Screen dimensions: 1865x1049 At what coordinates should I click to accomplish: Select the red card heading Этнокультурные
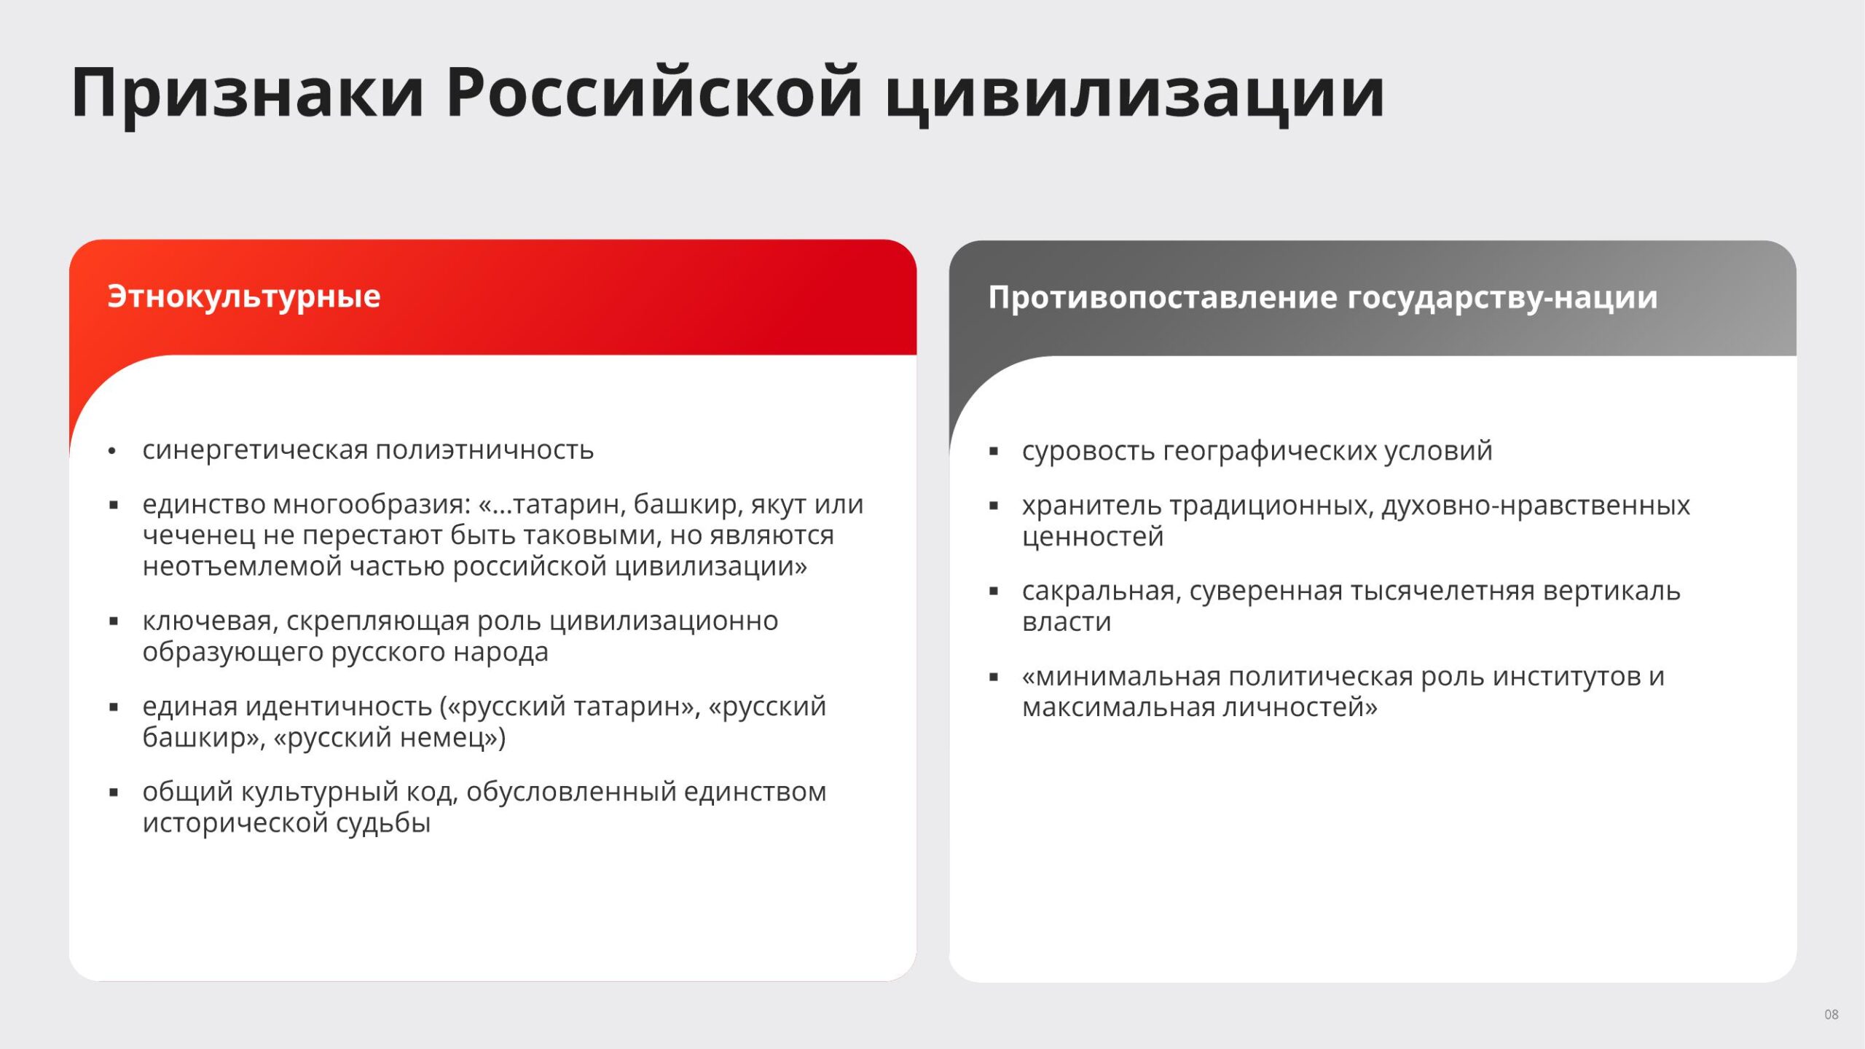point(244,297)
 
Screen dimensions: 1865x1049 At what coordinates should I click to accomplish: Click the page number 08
point(1831,1014)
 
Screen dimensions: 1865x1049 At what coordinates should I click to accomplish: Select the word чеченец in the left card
point(199,535)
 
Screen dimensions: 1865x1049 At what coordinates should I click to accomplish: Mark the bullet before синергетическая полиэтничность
point(111,452)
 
